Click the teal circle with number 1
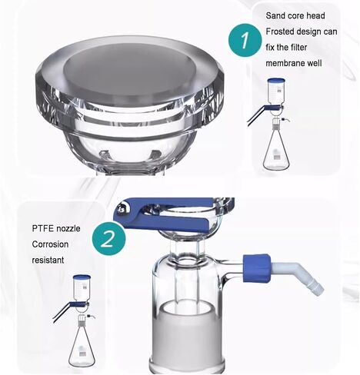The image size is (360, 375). (244, 40)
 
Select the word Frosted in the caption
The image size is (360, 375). (283, 32)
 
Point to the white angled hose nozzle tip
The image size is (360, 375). (313, 285)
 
